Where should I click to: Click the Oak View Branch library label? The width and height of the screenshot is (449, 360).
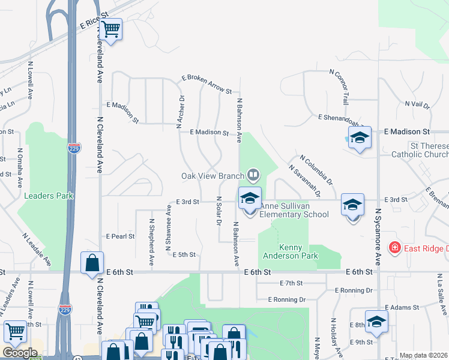click(212, 176)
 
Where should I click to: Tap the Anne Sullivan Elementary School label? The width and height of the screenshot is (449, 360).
click(294, 210)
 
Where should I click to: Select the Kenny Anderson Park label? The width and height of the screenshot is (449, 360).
click(290, 251)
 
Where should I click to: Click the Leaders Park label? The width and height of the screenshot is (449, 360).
click(48, 196)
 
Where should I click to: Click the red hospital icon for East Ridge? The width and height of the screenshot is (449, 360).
click(394, 248)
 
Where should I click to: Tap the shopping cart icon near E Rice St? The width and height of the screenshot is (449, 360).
click(111, 29)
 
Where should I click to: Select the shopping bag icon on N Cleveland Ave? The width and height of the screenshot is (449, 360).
click(92, 263)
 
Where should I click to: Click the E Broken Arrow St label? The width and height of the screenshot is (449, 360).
click(207, 85)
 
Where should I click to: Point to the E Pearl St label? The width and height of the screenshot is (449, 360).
click(120, 236)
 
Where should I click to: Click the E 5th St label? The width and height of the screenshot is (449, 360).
click(184, 255)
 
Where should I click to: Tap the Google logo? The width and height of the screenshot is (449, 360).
click(20, 353)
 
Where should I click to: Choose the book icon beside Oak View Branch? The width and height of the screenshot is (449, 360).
click(253, 175)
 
